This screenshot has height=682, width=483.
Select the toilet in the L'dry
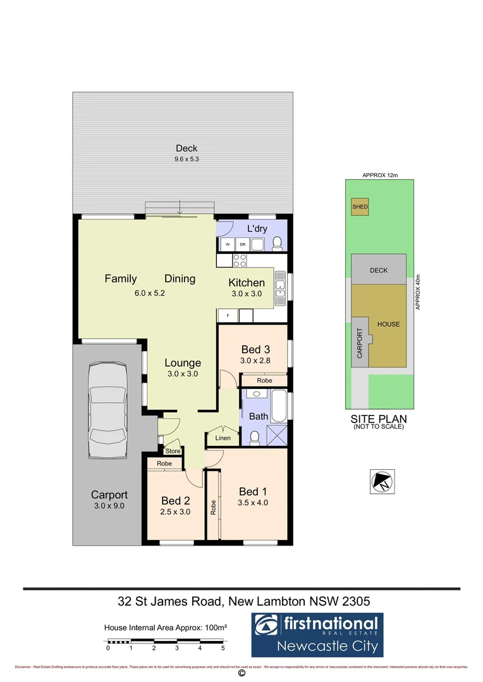point(276,244)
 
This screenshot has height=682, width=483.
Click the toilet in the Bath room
point(254,437)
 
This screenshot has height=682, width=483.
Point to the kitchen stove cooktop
point(240,260)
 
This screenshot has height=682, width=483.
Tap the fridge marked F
point(228,314)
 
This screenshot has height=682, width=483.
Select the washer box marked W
point(228,244)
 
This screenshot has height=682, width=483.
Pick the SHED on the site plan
point(360,207)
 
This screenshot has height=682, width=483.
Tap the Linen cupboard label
point(223,438)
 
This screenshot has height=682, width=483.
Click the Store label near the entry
point(173,451)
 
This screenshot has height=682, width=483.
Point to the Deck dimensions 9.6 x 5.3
point(182,159)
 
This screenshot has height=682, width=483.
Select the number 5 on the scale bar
point(223,648)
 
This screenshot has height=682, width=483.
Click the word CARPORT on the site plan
point(360,344)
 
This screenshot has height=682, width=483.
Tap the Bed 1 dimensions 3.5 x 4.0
point(253,503)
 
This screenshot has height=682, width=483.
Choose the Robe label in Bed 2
point(164,463)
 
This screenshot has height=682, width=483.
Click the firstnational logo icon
point(266,625)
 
